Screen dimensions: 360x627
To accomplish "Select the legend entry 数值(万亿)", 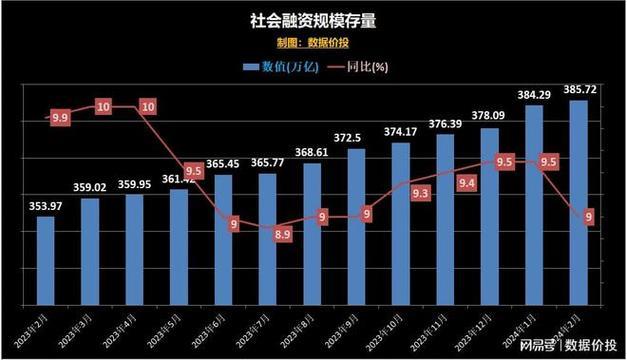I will click(x=281, y=67).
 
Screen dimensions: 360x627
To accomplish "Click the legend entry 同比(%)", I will click(x=359, y=67).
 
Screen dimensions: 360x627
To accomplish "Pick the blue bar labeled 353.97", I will click(x=45, y=260).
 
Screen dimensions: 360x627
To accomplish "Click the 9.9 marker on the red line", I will click(x=60, y=117).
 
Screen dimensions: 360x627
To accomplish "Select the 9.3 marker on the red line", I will click(x=420, y=193).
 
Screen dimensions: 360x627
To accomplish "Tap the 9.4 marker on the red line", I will click(x=466, y=182).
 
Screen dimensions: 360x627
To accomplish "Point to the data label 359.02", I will click(x=89, y=187).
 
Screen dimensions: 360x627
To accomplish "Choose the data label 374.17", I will click(x=400, y=131).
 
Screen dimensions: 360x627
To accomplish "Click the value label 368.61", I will click(x=312, y=152).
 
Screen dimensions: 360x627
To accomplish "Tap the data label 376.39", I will click(x=445, y=124).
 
